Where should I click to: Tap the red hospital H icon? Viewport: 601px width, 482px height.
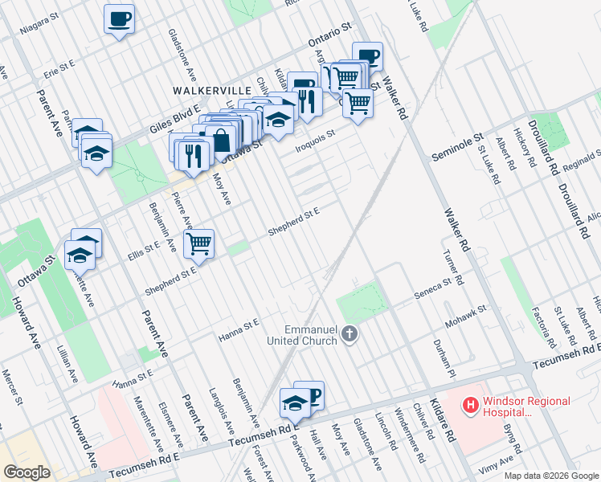point(470,406)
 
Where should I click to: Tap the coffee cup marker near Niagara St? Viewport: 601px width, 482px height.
point(119,18)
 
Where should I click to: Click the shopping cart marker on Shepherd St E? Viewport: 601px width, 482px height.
point(198,243)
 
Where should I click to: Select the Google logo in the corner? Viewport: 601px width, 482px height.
point(27,472)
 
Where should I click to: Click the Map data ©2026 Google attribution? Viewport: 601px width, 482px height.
point(551,476)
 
